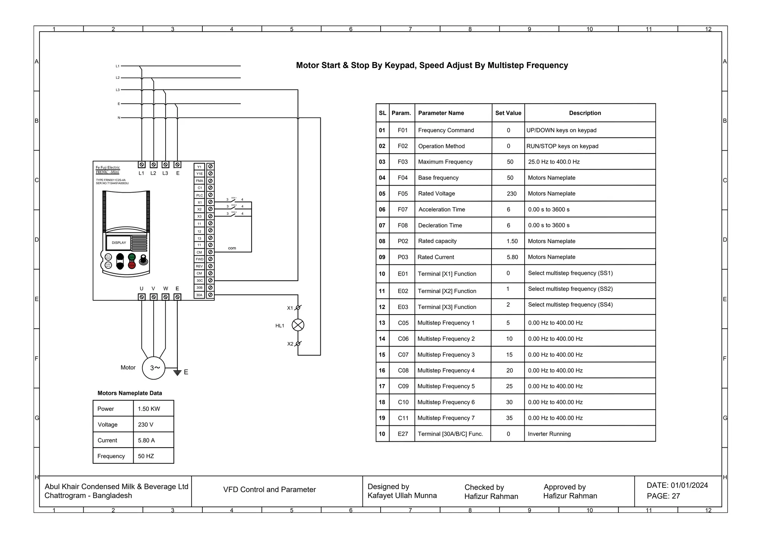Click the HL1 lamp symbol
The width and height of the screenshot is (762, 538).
298,325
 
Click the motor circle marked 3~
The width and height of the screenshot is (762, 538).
154,368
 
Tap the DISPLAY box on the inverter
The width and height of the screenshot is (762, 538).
119,243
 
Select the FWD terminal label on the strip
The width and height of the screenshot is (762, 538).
199,259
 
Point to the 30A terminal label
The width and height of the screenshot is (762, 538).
199,295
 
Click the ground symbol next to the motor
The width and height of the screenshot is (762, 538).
177,372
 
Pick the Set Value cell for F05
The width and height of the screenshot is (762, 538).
511,194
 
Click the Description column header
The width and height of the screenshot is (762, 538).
585,113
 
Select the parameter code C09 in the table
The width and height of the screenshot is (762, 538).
403,386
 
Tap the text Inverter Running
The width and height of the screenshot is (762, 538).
549,434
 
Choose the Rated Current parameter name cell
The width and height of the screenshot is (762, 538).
436,257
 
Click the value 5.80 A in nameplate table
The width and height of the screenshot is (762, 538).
146,441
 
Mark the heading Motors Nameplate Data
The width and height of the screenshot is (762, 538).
129,393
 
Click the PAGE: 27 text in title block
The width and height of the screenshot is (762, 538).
663,496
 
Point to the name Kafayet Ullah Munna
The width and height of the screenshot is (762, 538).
402,496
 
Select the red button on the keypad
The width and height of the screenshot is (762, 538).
132,265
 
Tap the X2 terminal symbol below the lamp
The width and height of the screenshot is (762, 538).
298,344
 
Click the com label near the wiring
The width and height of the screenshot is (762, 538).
232,248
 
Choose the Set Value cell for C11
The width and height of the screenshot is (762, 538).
509,418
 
